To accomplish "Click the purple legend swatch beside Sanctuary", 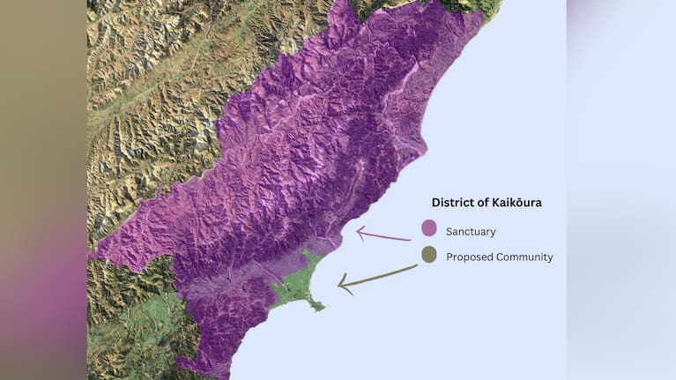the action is pos(429,228).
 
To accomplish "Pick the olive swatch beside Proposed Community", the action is pos(429,255).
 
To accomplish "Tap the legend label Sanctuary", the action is pos(471,232).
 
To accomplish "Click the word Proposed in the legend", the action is pos(469,257).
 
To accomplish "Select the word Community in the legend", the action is pos(524,257).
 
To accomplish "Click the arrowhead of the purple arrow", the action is pos(359,233).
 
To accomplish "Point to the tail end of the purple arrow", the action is pos(411,239).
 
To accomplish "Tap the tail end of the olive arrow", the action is pos(417,265).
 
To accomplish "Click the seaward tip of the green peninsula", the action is pos(321,308).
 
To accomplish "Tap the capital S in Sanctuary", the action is pos(449,232).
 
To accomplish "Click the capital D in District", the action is pos(435,203).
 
